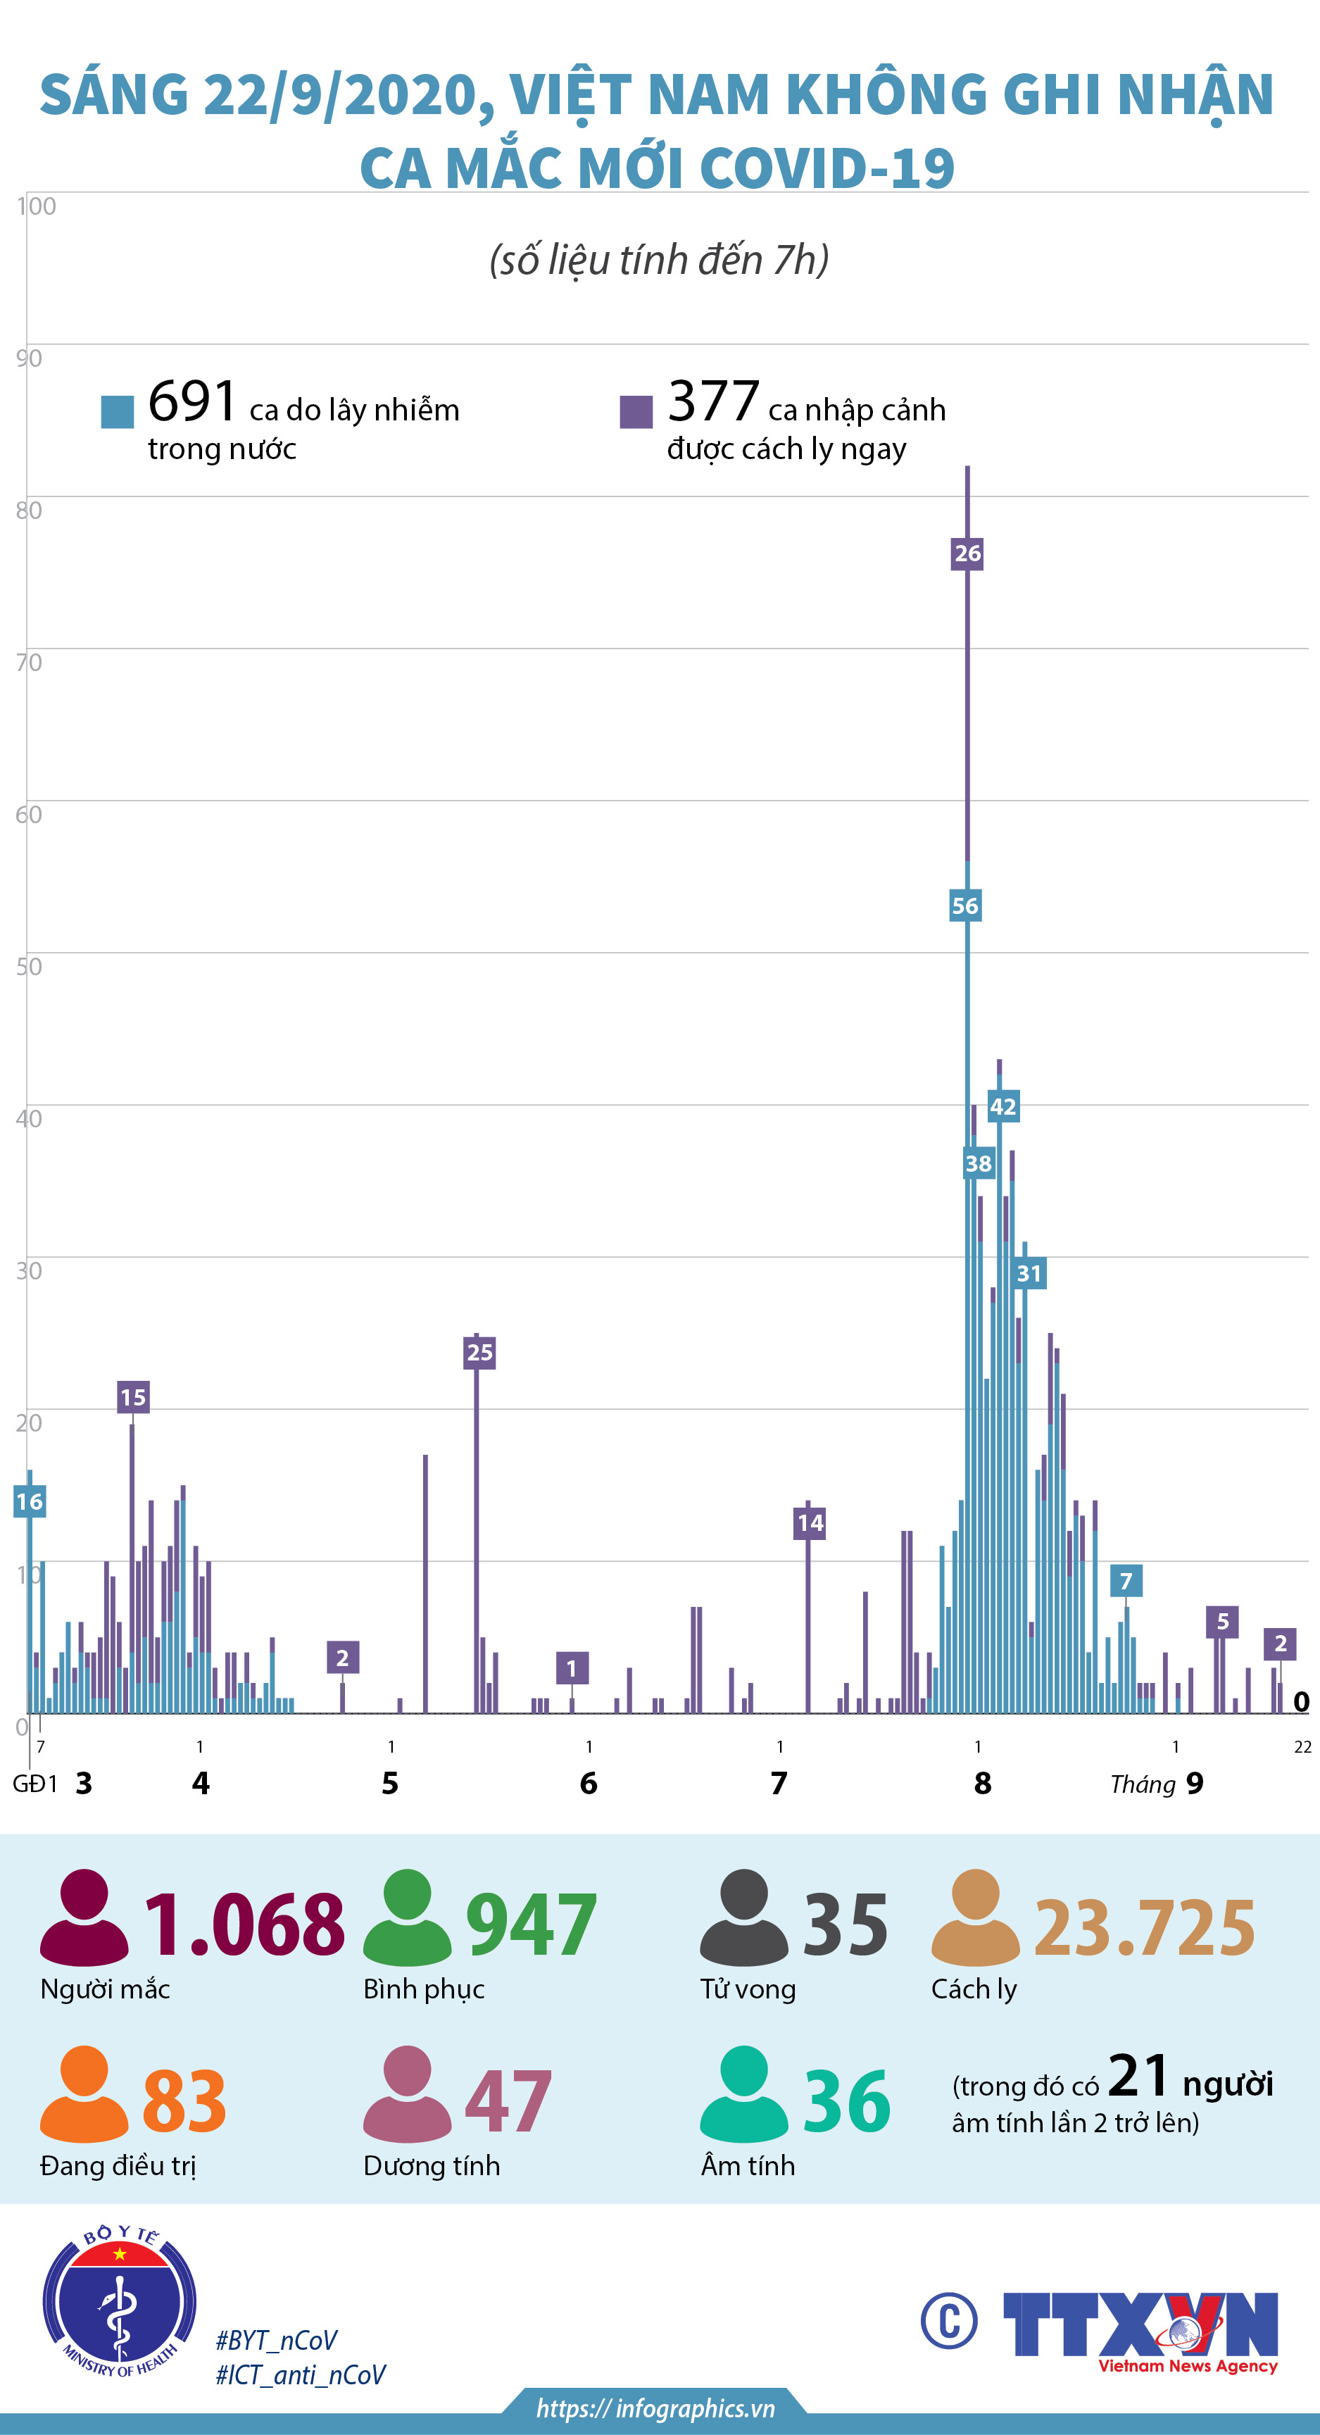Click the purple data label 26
[967, 553]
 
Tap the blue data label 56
[964, 906]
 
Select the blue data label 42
[1002, 1106]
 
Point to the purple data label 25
[479, 1352]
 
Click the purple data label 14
[810, 1522]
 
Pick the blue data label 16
[30, 1501]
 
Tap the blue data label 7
[1126, 1580]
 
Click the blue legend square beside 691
[117, 412]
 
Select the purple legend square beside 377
[636, 412]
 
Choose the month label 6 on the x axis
[589, 1784]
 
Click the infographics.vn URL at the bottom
[655, 2408]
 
